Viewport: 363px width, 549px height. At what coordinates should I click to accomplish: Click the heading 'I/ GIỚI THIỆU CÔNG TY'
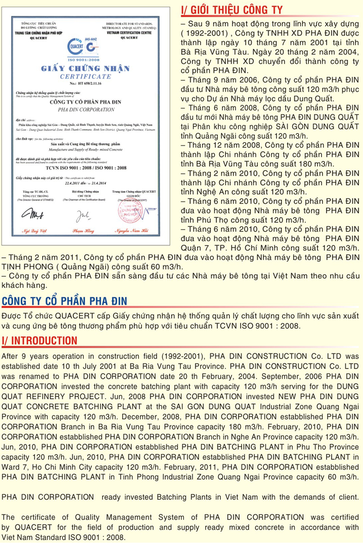231,9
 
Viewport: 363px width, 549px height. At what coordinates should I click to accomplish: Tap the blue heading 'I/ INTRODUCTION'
40,341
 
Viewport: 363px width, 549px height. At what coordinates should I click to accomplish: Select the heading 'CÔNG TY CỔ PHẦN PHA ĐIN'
64,301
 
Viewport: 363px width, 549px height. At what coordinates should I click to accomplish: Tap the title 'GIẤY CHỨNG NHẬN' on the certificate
85,69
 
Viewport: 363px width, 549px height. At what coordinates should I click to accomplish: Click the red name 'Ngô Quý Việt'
34,231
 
